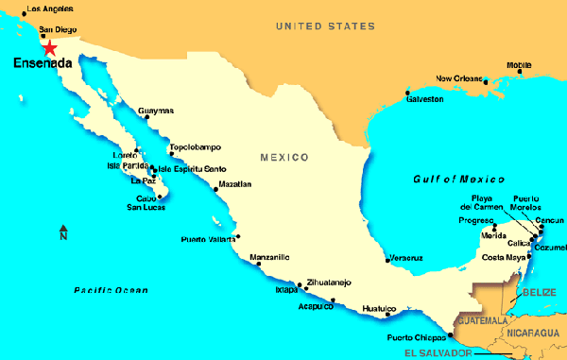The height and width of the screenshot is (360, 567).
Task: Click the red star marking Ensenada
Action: point(48,47)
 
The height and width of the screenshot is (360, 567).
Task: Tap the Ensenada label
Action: point(42,64)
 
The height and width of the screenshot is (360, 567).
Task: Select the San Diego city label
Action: point(56,30)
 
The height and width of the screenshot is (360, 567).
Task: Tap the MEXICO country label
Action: point(285,156)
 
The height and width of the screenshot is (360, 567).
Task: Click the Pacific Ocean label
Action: point(112,290)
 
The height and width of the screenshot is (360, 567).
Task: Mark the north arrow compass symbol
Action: point(63,231)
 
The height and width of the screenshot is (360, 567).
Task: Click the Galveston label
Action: point(424,98)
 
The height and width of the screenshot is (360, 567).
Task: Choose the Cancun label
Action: point(549,220)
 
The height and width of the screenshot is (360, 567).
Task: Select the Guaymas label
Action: point(156,111)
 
